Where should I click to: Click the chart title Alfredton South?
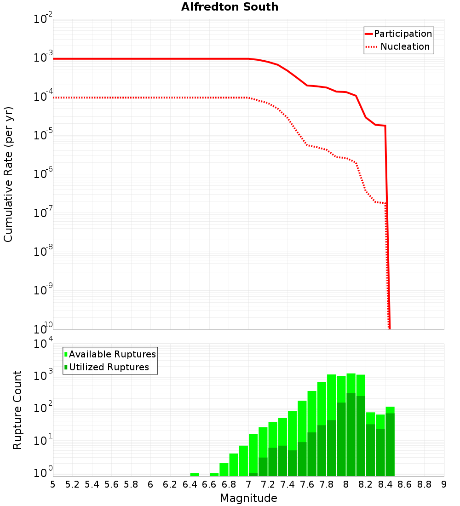pyautogui.click(x=230, y=7)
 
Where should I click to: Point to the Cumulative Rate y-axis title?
pyautogui.click(x=8, y=175)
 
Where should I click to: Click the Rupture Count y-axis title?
pyautogui.click(x=17, y=410)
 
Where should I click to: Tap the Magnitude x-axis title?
pyautogui.click(x=248, y=498)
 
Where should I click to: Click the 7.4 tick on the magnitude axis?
pyautogui.click(x=287, y=484)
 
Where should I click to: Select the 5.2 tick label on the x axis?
pyautogui.click(x=72, y=484)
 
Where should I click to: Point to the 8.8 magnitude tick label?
pyautogui.click(x=424, y=484)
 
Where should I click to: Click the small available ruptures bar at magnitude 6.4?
pyautogui.click(x=195, y=474)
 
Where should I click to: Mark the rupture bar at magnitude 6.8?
pyautogui.click(x=234, y=465)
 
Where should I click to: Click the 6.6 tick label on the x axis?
pyautogui.click(x=209, y=484)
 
